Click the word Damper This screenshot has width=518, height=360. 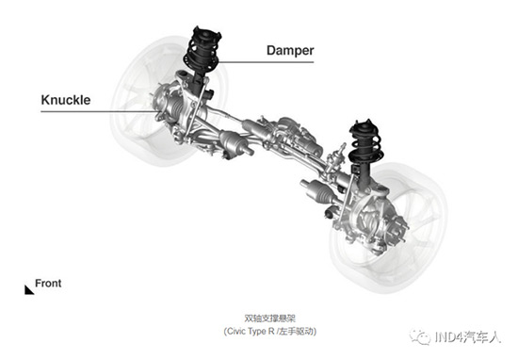(x=290, y=50)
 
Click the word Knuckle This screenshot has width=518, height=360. (x=65, y=100)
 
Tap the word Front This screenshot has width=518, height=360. (x=48, y=284)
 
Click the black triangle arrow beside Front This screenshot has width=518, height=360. (x=28, y=290)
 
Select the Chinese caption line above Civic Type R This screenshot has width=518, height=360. (x=270, y=319)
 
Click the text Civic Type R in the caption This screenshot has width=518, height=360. (x=250, y=331)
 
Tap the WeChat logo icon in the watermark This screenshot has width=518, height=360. (x=419, y=336)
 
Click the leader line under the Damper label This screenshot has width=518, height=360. (x=266, y=62)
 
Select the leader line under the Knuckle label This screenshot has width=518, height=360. (x=99, y=111)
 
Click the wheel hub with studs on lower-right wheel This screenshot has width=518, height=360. (x=397, y=228)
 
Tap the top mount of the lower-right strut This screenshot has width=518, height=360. (x=364, y=125)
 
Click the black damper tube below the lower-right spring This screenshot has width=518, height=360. (x=364, y=174)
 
